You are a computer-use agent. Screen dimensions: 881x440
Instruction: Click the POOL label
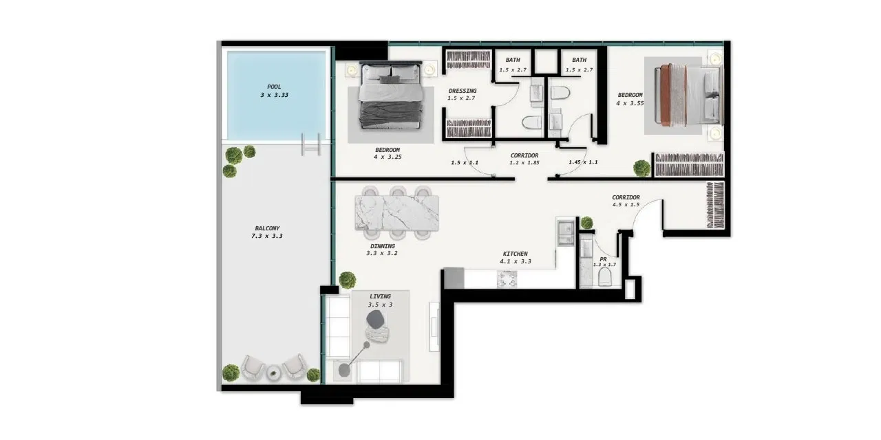point(274,87)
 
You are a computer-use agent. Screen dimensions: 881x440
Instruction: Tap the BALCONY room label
point(267,228)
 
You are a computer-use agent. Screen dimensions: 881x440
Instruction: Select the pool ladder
point(310,144)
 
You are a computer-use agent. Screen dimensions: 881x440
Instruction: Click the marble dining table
point(397,213)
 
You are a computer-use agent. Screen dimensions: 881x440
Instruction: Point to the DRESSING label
point(463,91)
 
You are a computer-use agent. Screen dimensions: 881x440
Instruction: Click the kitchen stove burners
point(507,279)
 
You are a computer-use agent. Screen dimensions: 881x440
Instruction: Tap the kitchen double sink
point(566,232)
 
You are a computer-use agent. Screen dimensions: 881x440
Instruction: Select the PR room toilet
point(605,277)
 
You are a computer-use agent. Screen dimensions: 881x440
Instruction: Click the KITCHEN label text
point(516,254)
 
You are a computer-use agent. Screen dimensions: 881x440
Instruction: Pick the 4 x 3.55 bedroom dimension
point(630,103)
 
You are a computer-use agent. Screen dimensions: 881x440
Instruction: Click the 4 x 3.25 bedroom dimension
point(388,157)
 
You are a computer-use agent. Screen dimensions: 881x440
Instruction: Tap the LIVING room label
point(381,296)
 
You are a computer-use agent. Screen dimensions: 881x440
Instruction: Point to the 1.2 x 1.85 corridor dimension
point(524,163)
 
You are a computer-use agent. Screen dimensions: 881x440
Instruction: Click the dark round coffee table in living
point(375,319)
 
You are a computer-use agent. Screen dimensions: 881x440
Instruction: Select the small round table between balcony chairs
point(273,373)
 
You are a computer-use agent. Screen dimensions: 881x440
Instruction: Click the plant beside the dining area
point(348,280)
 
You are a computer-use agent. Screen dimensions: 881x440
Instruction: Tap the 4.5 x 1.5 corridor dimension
point(626,205)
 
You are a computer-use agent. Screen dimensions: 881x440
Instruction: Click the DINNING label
point(382,246)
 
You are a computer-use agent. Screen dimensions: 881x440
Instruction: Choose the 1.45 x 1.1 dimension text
point(583,162)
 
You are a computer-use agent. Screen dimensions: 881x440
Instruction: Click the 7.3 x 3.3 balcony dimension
point(267,236)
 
